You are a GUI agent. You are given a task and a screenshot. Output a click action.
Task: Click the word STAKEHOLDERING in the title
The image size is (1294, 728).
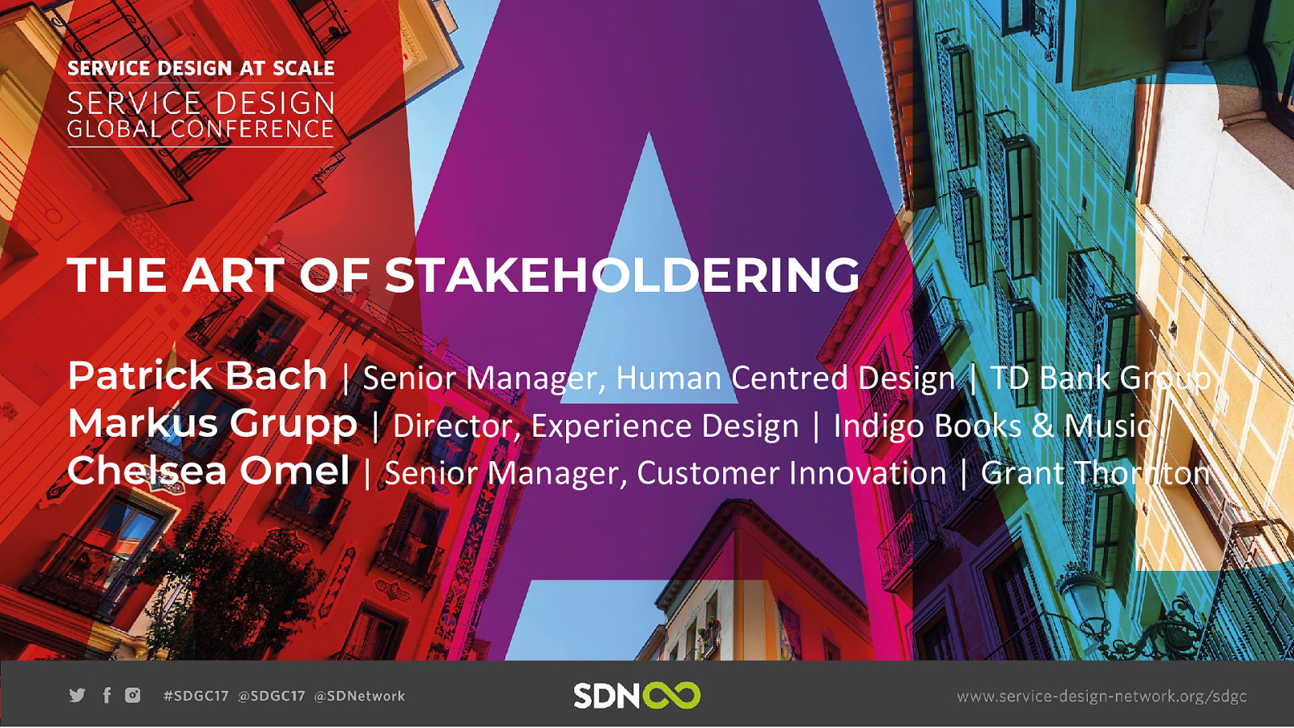click(623, 275)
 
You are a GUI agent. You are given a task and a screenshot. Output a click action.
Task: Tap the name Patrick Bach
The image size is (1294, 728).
click(197, 376)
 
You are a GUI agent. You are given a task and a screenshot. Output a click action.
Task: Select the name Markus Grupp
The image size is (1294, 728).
click(213, 425)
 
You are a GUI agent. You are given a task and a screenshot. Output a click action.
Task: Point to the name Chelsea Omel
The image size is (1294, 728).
click(209, 470)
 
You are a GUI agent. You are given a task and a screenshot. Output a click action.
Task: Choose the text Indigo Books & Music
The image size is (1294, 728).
click(992, 426)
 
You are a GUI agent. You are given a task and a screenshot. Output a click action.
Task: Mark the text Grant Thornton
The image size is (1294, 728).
click(1095, 472)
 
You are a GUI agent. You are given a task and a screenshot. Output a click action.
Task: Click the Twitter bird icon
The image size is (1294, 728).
click(77, 695)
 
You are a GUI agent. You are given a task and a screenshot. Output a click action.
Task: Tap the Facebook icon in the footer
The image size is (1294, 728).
click(106, 695)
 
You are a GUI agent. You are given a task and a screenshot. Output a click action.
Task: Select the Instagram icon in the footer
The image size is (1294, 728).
click(133, 695)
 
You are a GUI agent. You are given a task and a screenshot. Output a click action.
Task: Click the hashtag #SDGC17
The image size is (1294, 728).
click(196, 696)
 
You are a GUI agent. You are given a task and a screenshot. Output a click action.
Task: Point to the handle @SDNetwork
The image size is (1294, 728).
click(359, 696)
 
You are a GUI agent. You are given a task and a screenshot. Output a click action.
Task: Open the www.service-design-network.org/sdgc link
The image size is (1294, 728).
click(1102, 696)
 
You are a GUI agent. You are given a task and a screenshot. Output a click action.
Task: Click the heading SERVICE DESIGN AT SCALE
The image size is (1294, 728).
click(201, 68)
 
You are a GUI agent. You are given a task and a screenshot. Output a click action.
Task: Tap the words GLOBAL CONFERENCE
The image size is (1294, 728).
click(201, 129)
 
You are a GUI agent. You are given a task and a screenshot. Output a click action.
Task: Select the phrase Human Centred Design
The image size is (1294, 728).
click(785, 379)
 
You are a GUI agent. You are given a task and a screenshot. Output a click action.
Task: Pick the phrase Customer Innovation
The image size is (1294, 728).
click(792, 472)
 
